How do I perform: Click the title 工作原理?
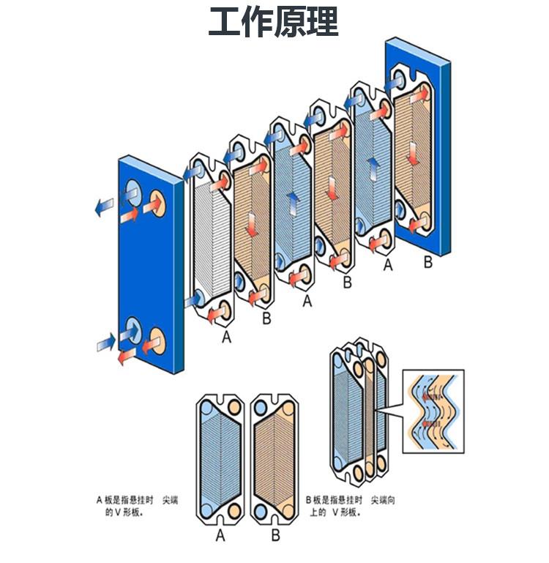click(x=274, y=23)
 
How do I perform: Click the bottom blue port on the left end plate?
click(x=133, y=327)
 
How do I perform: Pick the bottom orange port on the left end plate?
click(x=157, y=340)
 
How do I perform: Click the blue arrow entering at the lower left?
click(x=107, y=340)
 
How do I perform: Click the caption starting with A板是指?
click(x=136, y=506)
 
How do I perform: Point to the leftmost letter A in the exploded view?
click(x=227, y=337)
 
